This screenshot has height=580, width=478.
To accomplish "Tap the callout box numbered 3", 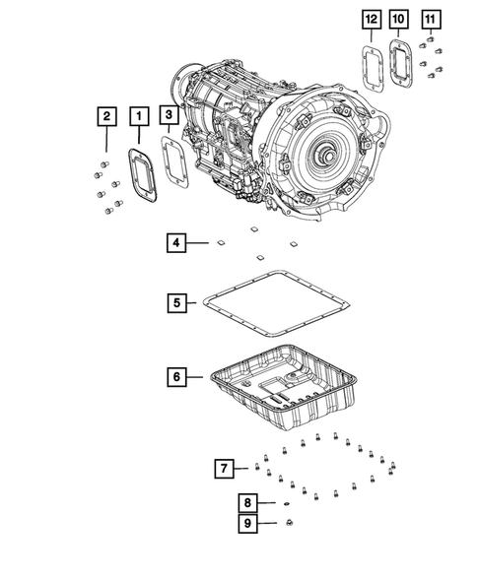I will coord(171,117).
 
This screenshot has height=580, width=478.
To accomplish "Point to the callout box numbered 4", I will coord(175,242).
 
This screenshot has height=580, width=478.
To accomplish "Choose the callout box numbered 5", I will coord(175,303).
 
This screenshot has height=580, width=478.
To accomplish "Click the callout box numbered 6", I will coord(175,376).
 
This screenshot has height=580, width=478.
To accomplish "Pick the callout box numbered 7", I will coord(225,467).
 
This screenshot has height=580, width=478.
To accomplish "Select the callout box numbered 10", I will coord(399,19).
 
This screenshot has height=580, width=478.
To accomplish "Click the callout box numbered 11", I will coord(430,19).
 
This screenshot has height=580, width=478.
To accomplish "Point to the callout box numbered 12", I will coord(369,19).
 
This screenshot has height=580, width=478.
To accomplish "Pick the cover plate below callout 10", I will coord(400,61).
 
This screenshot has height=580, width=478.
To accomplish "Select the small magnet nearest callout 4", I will coord(220,240).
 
